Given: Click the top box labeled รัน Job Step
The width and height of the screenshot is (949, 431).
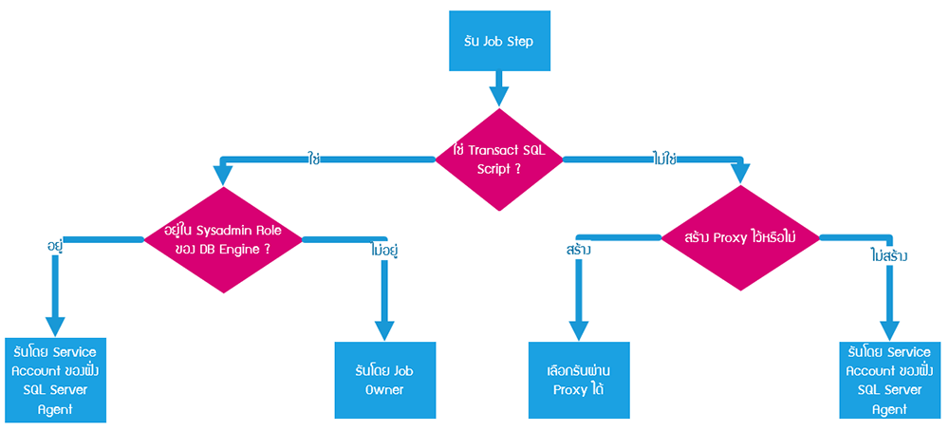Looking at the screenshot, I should pos(498,42).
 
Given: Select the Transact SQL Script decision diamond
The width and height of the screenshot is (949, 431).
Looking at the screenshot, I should pos(498,158).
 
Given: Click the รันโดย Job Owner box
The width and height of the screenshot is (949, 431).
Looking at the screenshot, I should pos(384,380).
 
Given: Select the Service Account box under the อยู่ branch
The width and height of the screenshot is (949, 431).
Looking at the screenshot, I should pos(54,378).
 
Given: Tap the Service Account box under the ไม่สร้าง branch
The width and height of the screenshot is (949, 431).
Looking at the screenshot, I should pos(889,379).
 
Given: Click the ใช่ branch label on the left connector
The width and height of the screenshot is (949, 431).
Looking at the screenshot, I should pos(313,158).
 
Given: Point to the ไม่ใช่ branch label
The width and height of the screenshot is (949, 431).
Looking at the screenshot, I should pos(664,158).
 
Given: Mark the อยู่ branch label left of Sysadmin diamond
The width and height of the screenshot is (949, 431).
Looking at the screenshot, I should pos(55,246).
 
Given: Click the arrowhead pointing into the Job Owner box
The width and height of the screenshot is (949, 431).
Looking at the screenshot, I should pos(384,329).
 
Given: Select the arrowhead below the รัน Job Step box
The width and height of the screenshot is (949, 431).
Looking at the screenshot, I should pos(499,96).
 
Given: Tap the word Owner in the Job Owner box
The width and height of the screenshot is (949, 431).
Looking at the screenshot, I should pos(384,389).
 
